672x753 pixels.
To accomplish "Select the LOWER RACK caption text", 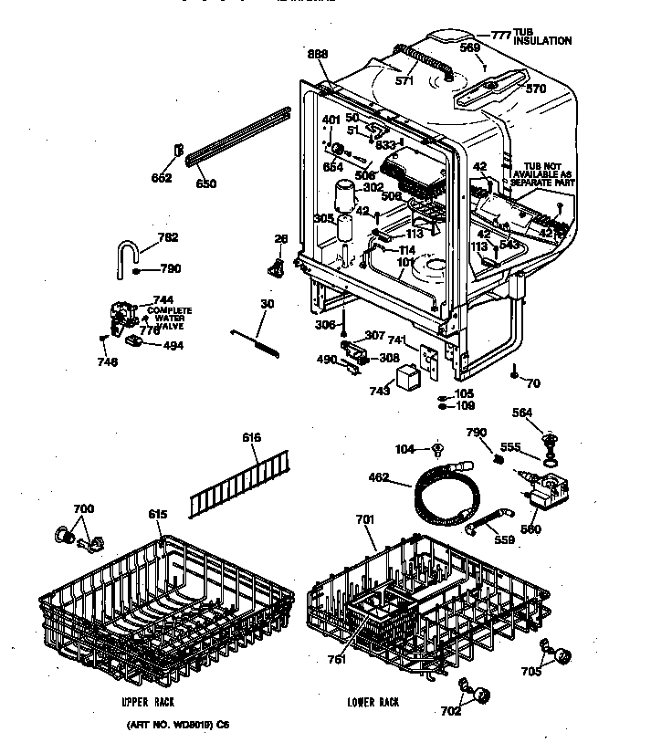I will click(x=373, y=702).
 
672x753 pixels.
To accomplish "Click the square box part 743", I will click(x=407, y=378).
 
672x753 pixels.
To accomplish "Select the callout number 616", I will click(x=252, y=438).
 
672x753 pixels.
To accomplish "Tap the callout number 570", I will click(x=536, y=89).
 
